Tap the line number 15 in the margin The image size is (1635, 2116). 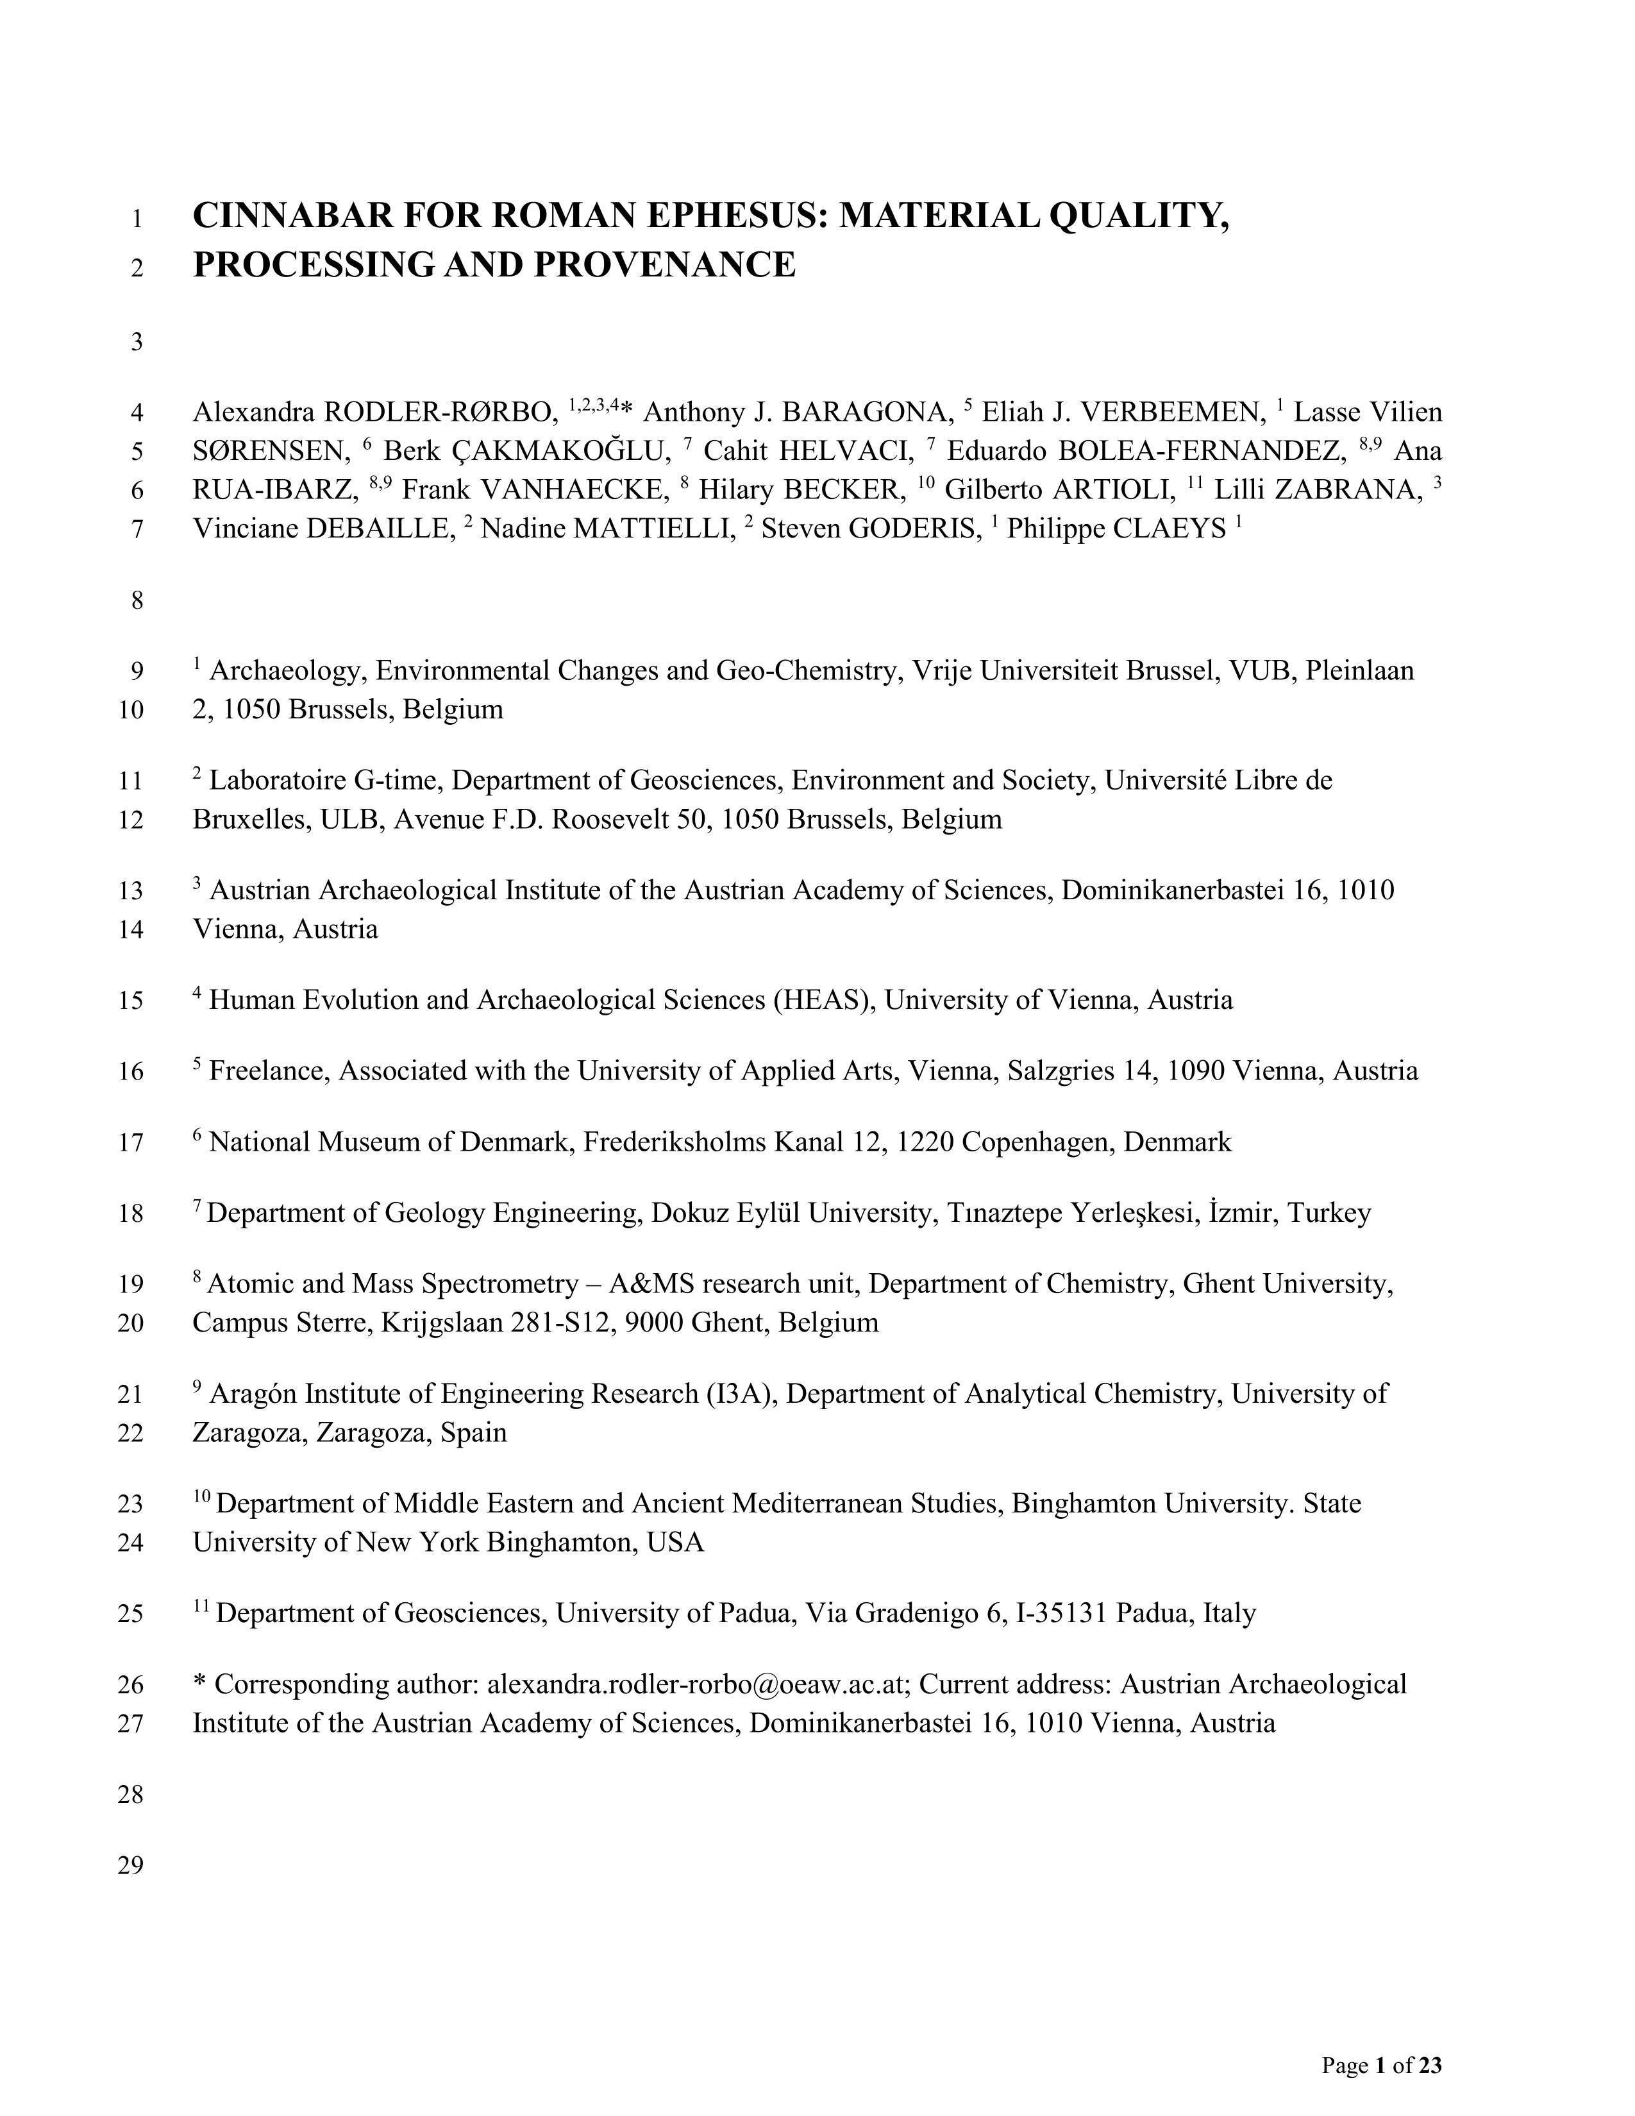131,1001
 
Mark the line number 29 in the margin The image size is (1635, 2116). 131,1865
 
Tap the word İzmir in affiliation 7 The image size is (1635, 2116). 1243,1213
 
